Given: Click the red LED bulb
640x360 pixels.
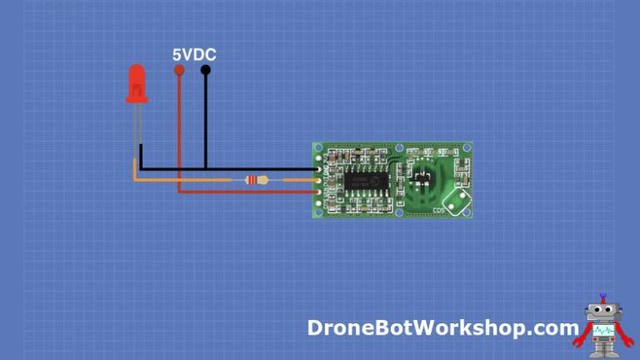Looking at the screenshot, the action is pos(136,84).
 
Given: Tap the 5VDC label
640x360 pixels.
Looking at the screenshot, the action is pos(194,55).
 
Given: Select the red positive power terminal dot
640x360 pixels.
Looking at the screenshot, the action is pos(178,71).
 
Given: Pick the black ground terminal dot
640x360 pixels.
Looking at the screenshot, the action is pos(206,71).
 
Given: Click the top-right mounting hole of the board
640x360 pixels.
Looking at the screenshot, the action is pos(465,148).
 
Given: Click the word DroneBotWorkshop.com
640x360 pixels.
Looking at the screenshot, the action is pos(443,328).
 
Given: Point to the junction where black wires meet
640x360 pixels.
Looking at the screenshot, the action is pos(206,169).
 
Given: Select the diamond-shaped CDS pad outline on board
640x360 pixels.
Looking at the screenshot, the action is pos(458,201).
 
